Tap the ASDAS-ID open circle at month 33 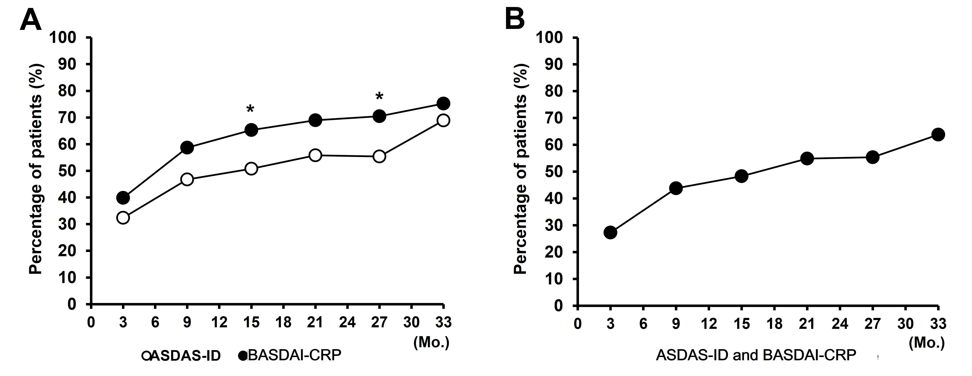coord(443,120)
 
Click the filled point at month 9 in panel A coord(187,147)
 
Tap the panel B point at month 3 coord(610,232)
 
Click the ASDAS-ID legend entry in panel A coord(181,356)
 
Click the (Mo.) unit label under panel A coord(431,342)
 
